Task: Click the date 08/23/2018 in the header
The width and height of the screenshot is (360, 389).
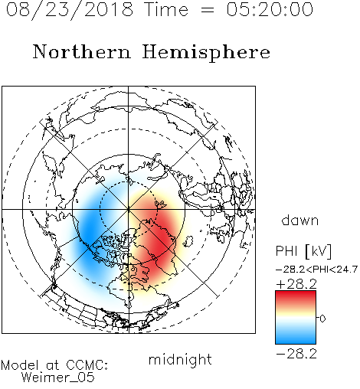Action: pyautogui.click(x=70, y=10)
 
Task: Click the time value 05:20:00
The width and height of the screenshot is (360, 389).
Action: pyautogui.click(x=270, y=9)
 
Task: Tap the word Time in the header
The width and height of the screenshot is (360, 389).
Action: pyautogui.click(x=166, y=9)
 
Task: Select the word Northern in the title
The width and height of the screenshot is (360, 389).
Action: pyautogui.click(x=82, y=51)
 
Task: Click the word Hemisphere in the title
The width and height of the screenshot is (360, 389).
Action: pyautogui.click(x=206, y=53)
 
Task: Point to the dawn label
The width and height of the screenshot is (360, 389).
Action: pyautogui.click(x=299, y=220)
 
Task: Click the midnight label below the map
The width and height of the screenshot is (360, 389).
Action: pyautogui.click(x=180, y=360)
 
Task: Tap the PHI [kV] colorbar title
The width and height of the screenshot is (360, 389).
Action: pyautogui.click(x=303, y=251)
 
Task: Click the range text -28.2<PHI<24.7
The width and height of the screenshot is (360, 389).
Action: pyautogui.click(x=316, y=270)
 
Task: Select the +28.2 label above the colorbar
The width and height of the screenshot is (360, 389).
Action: pyautogui.click(x=296, y=284)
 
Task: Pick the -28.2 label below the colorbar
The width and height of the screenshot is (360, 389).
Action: pyautogui.click(x=296, y=354)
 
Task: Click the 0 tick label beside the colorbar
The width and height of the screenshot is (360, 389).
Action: pyautogui.click(x=322, y=319)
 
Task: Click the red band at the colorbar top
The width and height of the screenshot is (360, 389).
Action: pyautogui.click(x=296, y=296)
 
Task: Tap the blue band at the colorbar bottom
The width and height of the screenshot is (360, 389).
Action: pyautogui.click(x=296, y=338)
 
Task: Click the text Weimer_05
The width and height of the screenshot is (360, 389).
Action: pyautogui.click(x=58, y=378)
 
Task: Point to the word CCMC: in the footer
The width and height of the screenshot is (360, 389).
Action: pyautogui.click(x=87, y=365)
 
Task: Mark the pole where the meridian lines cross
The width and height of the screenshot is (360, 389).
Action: pyautogui.click(x=129, y=209)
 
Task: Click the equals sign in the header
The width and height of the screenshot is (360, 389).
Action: pyautogui.click(x=208, y=10)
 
